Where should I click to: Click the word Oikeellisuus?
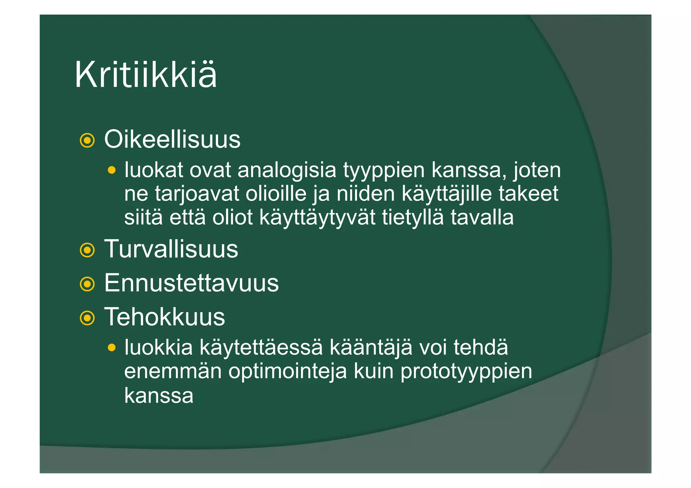coord(172,139)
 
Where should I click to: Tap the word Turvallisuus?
coord(171,249)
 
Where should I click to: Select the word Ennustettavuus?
coord(191,283)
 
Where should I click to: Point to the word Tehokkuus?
coord(164,317)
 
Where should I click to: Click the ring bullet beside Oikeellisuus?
coord(87,141)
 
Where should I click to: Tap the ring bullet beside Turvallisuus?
coord(87,250)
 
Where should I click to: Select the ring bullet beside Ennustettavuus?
coord(87,284)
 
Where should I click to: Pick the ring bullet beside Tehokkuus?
coord(87,318)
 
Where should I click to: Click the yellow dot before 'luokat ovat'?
coord(112,170)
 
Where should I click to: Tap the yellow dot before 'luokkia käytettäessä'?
coord(112,347)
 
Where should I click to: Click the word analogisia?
coord(287,170)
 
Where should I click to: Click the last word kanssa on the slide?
coord(159,396)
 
